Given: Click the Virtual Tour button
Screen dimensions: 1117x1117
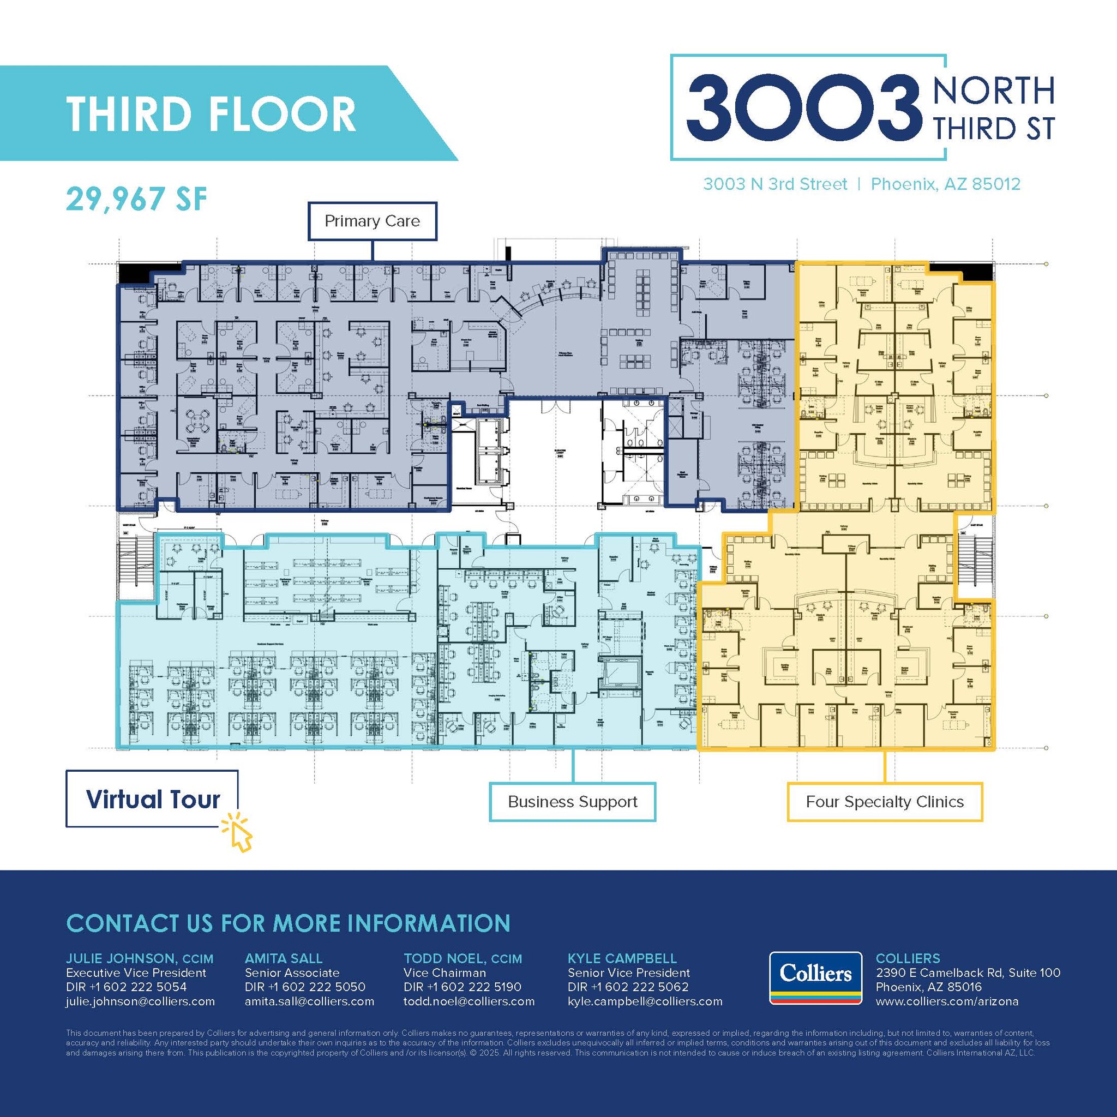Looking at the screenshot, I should pyautogui.click(x=152, y=799).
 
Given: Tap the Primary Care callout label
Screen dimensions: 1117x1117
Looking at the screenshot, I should pyautogui.click(x=372, y=221).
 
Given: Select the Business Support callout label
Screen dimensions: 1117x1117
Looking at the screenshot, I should pyautogui.click(x=572, y=802).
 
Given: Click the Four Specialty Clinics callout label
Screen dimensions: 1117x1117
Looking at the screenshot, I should pyautogui.click(x=885, y=802).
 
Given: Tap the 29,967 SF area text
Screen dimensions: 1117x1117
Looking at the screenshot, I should pyautogui.click(x=136, y=199).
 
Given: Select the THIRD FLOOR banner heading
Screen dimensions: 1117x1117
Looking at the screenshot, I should pyautogui.click(x=211, y=113).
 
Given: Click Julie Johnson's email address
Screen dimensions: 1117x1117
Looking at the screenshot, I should pyautogui.click(x=141, y=1001).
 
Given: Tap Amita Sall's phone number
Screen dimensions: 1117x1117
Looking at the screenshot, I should pyautogui.click(x=305, y=987).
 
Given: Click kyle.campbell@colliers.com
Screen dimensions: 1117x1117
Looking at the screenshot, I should pyautogui.click(x=645, y=1001).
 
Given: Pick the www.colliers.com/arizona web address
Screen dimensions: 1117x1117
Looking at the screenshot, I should pyautogui.click(x=947, y=1001).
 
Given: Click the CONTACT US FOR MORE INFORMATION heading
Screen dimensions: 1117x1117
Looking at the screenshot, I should pyautogui.click(x=288, y=923).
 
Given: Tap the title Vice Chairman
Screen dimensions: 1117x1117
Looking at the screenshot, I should pyautogui.click(x=445, y=973).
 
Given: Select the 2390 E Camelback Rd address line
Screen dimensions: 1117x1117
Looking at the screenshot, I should pyautogui.click(x=968, y=973).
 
